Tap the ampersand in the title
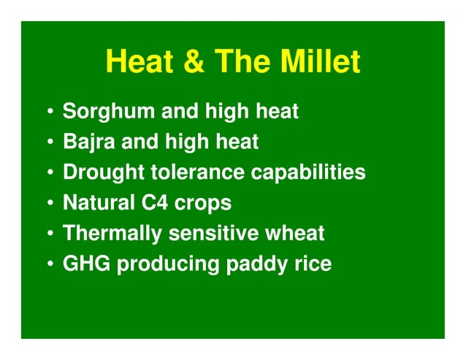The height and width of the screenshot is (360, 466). coord(194,63)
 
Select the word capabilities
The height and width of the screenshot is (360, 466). coord(308,172)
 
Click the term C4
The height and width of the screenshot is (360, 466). coord(158,203)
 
